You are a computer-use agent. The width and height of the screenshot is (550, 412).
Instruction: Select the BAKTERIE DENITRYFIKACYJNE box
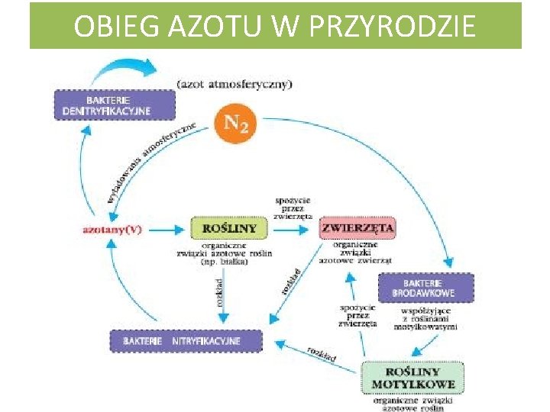[x=107, y=105]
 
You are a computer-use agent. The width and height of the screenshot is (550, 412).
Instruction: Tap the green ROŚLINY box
[x=228, y=227]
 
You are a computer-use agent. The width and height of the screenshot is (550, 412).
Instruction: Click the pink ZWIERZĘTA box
[x=357, y=227]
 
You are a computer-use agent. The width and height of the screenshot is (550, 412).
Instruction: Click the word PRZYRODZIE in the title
[x=398, y=27]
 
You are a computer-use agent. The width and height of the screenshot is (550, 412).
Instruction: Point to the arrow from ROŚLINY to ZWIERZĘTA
[x=294, y=228]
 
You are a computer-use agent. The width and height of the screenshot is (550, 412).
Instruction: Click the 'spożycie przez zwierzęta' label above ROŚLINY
[x=293, y=208]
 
